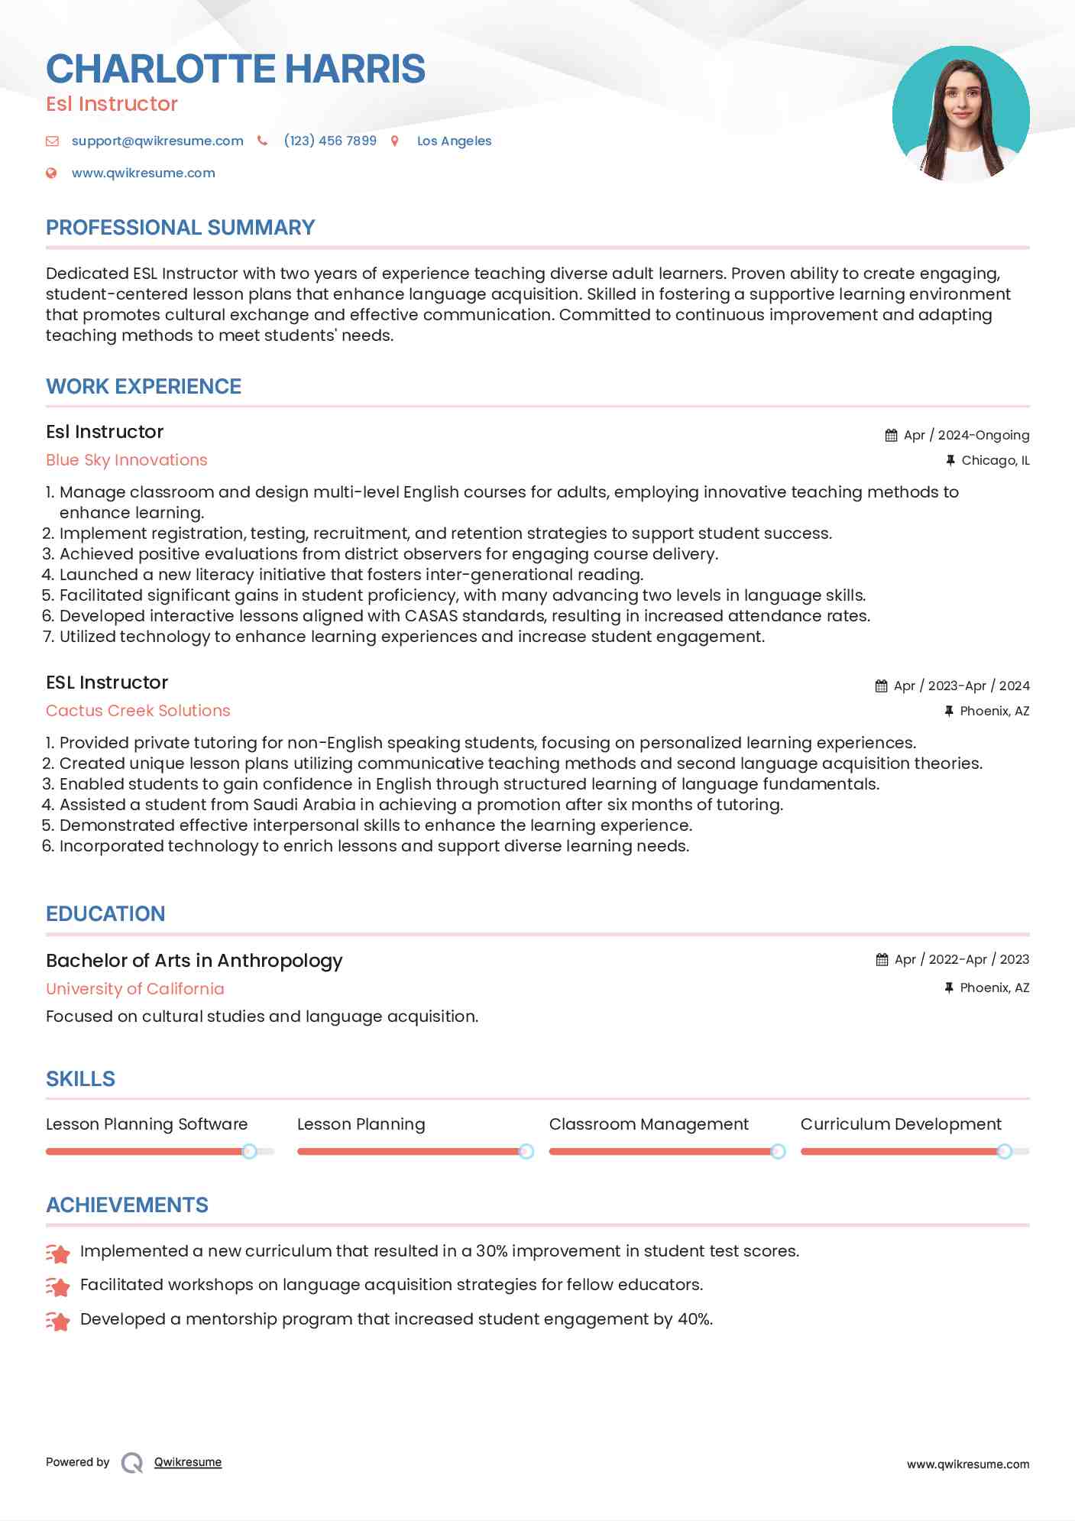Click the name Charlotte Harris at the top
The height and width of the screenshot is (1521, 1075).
(235, 69)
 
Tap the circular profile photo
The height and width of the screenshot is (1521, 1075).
(960, 114)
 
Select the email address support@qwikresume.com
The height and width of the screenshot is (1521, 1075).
(157, 141)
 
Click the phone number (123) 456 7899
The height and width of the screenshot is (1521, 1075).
(330, 141)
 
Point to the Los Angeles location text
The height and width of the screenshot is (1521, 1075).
(454, 141)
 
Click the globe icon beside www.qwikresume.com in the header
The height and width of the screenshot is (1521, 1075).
(51, 174)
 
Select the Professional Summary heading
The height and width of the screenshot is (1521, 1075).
(180, 228)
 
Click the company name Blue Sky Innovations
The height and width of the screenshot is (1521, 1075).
(127, 460)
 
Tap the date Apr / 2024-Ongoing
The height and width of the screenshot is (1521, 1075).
(966, 435)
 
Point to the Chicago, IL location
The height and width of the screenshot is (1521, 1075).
(995, 460)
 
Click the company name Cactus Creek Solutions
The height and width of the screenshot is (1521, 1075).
(138, 711)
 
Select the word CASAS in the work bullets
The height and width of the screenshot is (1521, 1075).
(431, 616)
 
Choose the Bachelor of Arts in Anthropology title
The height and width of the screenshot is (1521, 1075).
(194, 961)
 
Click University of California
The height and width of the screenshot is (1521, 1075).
(135, 989)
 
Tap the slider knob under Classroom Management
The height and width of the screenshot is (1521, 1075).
(778, 1151)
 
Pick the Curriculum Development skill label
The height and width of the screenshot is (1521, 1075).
(901, 1124)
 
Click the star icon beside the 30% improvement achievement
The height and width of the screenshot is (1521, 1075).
(58, 1253)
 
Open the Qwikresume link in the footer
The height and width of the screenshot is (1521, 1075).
(188, 1462)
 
